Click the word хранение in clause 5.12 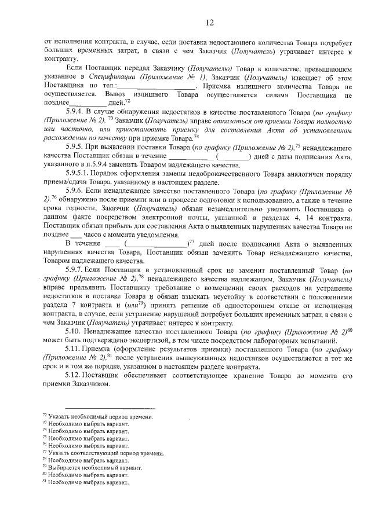[x=222, y=375]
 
